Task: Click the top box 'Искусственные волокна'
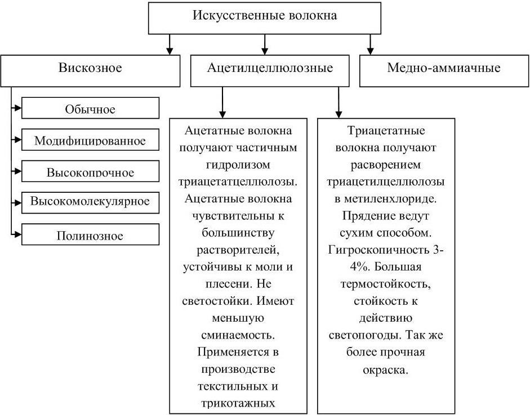click(265, 16)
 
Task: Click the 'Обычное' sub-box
click(90, 109)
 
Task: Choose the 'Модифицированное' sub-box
click(90, 140)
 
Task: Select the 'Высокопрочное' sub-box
click(90, 171)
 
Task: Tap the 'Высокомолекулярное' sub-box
click(90, 201)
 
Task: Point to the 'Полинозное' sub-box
click(90, 234)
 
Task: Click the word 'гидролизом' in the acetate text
click(238, 165)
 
